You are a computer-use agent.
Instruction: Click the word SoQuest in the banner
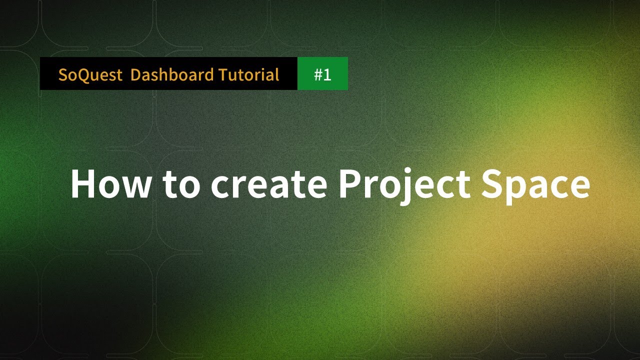(x=90, y=75)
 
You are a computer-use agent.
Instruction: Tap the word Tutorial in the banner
(x=248, y=75)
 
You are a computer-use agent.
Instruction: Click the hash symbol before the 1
(x=318, y=75)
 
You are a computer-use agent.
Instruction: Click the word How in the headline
(x=110, y=183)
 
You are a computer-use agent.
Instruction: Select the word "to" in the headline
(x=180, y=183)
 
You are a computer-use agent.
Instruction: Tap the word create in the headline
(x=268, y=183)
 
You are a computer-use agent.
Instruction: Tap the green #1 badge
(x=322, y=73)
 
